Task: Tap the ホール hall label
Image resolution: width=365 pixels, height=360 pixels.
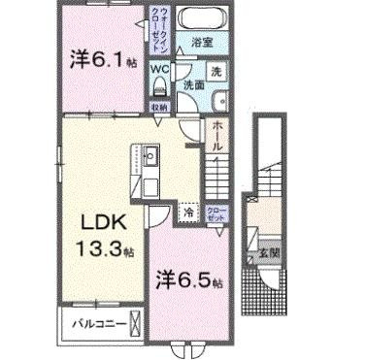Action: pos(217,136)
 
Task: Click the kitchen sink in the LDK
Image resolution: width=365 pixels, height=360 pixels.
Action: pos(151,158)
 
